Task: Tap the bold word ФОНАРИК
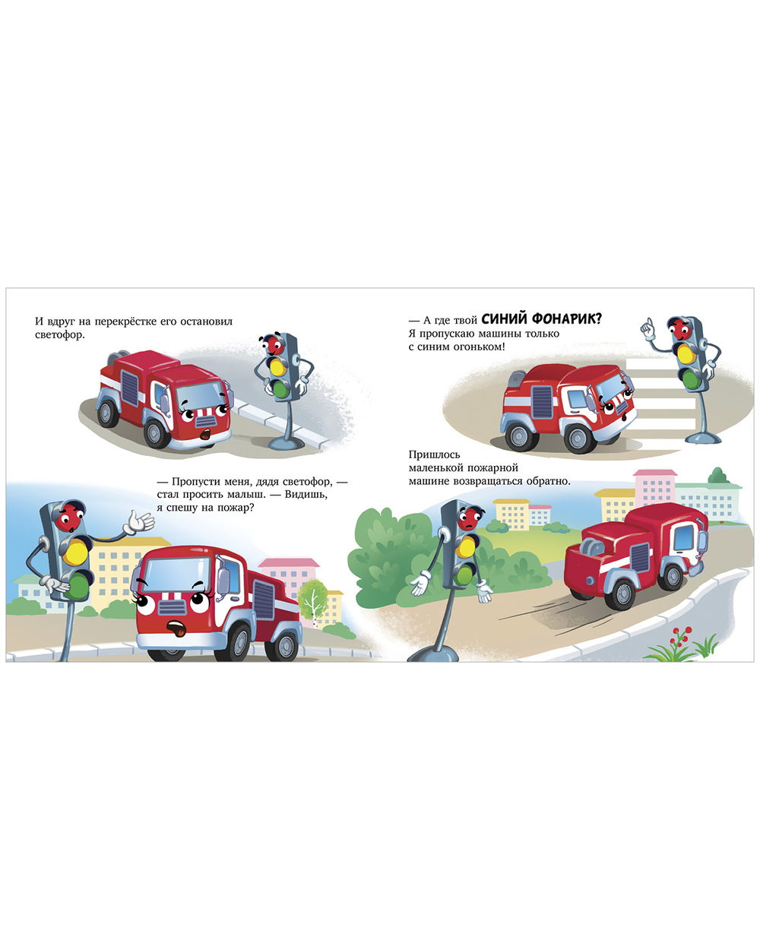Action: click(567, 318)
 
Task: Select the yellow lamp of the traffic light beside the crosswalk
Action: click(686, 353)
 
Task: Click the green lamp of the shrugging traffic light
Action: click(464, 575)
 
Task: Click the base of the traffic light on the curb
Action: click(286, 442)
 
